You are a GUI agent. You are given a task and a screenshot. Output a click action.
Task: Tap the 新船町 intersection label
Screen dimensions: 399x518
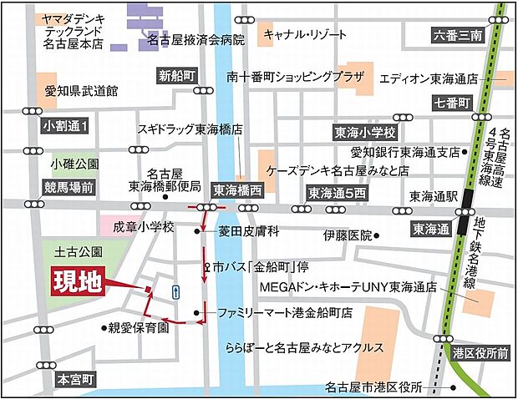(177, 74)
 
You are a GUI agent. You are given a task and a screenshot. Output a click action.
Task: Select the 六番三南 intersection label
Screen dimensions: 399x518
(459, 35)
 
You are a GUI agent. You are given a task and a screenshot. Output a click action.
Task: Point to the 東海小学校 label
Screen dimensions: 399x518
(364, 133)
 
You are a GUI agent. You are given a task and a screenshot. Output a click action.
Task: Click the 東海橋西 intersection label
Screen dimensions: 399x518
(237, 189)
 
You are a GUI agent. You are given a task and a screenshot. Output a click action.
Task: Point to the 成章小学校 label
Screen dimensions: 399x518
(145, 226)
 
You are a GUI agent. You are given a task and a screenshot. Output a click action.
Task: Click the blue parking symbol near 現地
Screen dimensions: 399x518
(174, 290)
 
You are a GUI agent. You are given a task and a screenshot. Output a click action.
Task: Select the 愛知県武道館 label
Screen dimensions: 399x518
(83, 90)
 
